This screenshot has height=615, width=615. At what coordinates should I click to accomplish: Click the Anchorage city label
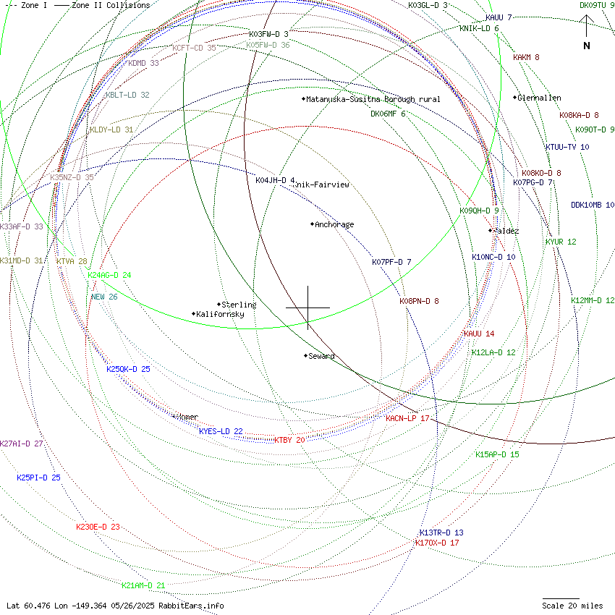click(x=334, y=224)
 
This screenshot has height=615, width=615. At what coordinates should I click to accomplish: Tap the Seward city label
click(x=321, y=356)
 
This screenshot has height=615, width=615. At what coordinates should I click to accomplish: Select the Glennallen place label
click(x=539, y=98)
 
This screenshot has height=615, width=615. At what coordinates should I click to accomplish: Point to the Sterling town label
click(x=239, y=305)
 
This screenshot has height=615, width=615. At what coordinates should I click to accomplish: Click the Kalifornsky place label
click(x=220, y=314)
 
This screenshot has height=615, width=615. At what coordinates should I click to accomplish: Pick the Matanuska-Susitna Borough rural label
click(x=373, y=99)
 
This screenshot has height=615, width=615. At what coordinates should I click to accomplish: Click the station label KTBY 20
click(x=289, y=440)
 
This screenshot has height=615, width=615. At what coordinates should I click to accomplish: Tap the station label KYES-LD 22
click(x=221, y=431)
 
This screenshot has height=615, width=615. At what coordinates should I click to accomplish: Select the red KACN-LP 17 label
click(x=407, y=418)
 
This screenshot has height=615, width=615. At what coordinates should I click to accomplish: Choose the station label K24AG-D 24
click(x=109, y=275)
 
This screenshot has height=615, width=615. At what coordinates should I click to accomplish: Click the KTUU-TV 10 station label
click(x=567, y=147)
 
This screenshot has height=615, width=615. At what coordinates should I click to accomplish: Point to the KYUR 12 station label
click(x=561, y=242)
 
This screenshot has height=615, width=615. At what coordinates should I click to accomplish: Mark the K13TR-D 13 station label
click(x=441, y=533)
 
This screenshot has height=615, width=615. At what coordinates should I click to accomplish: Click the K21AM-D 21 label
click(x=143, y=585)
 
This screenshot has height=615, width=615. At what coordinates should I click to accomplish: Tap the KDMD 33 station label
click(x=143, y=63)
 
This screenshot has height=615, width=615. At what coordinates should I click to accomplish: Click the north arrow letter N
click(x=587, y=46)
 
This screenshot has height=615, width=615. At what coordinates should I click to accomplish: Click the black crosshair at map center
click(x=307, y=307)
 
